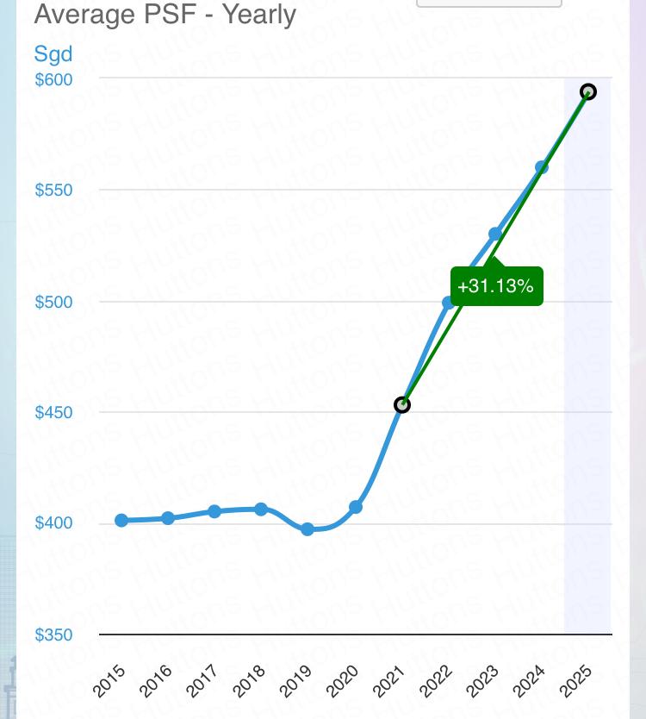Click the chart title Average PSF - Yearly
pos(165,15)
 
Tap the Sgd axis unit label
pos(53,53)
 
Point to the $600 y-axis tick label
pos(53,79)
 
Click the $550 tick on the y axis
pos(53,190)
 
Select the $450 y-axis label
pos(53,412)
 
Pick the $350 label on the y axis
pos(53,635)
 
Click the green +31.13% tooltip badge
pos(495,286)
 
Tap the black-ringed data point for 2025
pos(588,92)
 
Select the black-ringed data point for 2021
pos(401,404)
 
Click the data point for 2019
pos(307,529)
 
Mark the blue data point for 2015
pos(121,521)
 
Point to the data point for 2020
pos(355,507)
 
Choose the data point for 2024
pos(542,167)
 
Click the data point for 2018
pos(261,510)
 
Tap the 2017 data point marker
pos(214,511)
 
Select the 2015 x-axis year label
pos(109,679)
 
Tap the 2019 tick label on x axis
pos(295,679)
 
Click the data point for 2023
pos(495,234)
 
